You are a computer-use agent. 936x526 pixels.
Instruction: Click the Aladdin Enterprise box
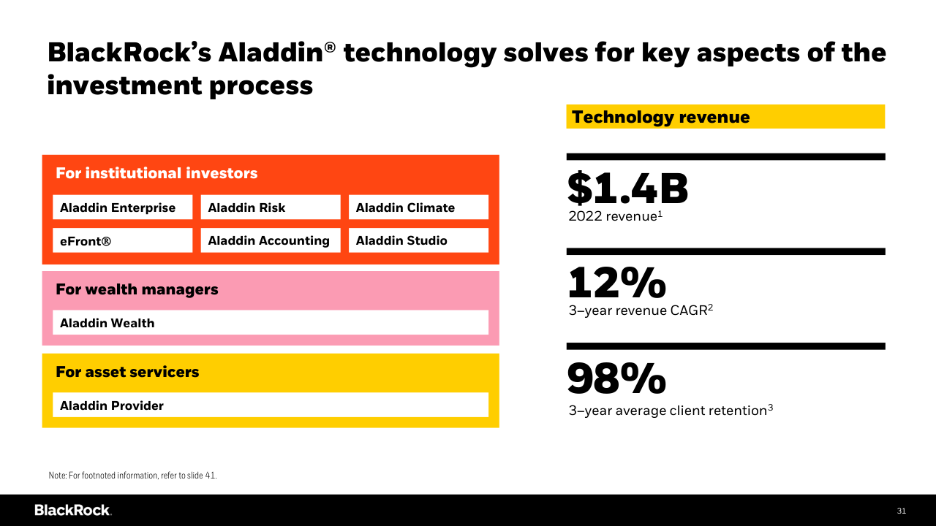click(122, 207)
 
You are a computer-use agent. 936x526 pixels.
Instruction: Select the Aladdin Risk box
click(270, 207)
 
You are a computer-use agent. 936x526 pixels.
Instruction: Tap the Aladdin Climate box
click(418, 207)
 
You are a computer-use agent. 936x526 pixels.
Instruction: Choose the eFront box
click(122, 240)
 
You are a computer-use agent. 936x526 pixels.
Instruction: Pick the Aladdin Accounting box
click(270, 240)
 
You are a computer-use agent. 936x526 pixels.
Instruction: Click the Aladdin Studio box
click(418, 240)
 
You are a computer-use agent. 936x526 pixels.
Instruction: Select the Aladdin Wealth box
click(270, 323)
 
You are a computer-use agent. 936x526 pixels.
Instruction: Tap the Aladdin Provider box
click(270, 405)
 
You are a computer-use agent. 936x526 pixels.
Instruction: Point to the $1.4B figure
click(627, 188)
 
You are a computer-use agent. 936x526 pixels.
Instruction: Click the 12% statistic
click(616, 283)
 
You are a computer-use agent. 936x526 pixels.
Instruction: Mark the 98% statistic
click(616, 378)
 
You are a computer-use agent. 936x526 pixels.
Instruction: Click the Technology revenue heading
click(660, 117)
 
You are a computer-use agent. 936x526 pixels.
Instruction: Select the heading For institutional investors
click(156, 173)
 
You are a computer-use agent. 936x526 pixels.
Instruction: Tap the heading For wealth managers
click(137, 289)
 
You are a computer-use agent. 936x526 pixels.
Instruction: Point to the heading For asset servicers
click(127, 372)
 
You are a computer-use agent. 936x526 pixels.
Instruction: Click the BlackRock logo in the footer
click(72, 510)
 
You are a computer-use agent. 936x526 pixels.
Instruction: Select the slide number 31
click(901, 511)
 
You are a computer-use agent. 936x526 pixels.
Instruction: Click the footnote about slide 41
click(133, 476)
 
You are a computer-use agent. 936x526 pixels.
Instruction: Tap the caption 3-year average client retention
click(671, 411)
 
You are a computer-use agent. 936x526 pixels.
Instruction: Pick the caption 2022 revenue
click(615, 216)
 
